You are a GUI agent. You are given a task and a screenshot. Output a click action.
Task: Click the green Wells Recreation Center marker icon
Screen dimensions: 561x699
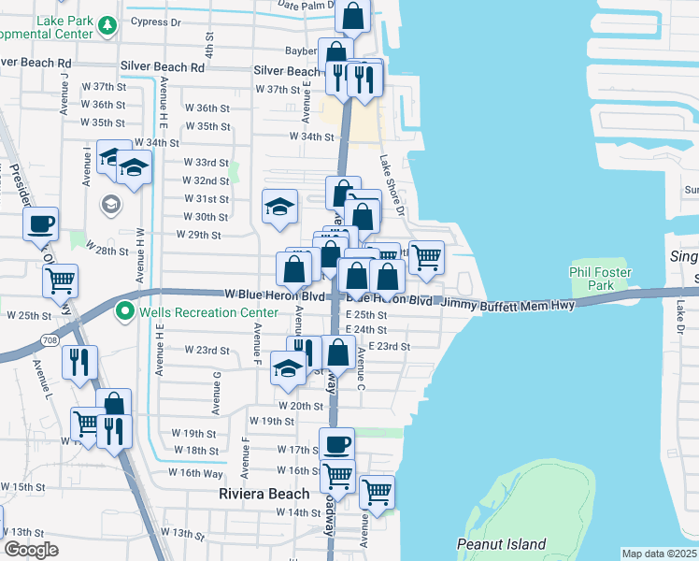122,310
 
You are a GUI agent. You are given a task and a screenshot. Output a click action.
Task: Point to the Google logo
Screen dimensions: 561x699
31,550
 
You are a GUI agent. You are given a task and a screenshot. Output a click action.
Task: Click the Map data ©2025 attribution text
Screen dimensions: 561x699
660,554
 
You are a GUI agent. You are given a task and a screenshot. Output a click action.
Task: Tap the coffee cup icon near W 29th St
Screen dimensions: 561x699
40,224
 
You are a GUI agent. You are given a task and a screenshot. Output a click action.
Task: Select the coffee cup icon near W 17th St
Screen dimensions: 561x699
336,444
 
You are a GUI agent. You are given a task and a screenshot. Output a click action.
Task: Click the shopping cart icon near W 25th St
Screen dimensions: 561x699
60,280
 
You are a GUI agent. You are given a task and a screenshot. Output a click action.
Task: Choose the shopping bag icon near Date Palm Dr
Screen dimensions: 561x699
353,16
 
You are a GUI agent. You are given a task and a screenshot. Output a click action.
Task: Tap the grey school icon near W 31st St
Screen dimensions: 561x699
109,203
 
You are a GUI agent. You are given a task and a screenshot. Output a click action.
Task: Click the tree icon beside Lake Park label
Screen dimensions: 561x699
107,25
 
